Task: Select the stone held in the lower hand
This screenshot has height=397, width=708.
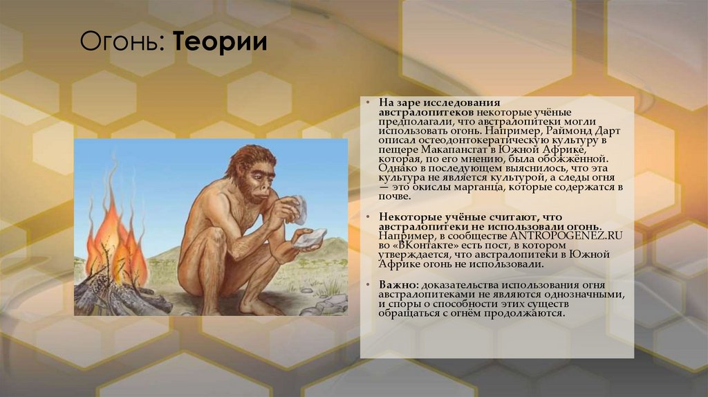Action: tap(309, 239)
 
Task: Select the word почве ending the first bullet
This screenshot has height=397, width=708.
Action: tap(395, 197)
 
